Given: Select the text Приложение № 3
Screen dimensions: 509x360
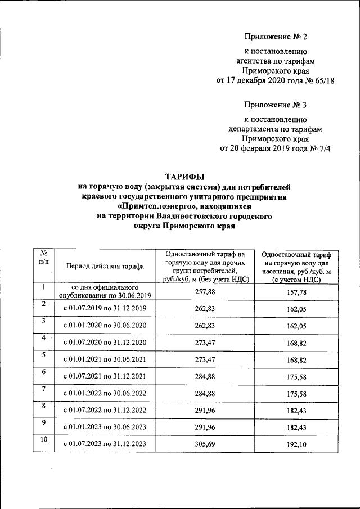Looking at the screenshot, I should coord(276,105).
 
